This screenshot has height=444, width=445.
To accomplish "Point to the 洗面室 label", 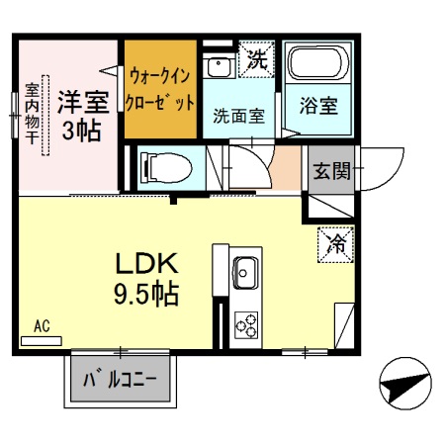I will (x=238, y=115).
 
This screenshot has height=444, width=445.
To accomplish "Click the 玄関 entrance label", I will (x=332, y=171).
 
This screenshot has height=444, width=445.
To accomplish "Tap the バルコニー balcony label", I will (x=120, y=379).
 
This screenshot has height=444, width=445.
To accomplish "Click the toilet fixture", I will (x=162, y=165).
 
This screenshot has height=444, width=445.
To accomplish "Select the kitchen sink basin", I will (x=244, y=271).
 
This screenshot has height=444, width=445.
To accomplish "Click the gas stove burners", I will (x=244, y=324).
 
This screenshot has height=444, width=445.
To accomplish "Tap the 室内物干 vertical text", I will (x=31, y=113).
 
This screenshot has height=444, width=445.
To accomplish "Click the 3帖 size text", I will (x=81, y=131).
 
